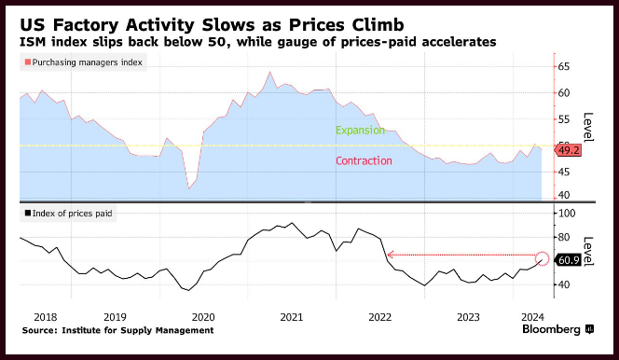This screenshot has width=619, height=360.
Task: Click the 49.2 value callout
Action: [x=568, y=150]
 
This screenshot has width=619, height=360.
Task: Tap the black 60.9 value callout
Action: [x=568, y=260]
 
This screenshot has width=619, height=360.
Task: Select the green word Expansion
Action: [x=360, y=131]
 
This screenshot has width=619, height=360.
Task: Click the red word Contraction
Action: [x=364, y=160]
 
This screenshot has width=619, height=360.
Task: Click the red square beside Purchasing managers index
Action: [x=28, y=62]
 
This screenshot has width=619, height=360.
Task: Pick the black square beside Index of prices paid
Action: [x=28, y=214]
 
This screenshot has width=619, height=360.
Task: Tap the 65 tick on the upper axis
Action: [x=564, y=66]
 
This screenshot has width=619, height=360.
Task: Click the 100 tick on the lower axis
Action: [x=567, y=214]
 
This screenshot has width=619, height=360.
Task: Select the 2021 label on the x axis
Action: [x=292, y=317]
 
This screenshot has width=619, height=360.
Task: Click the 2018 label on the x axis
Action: [x=46, y=317]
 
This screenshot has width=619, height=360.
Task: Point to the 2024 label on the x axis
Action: [x=532, y=317]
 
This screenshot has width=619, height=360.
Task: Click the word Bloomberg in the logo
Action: [x=551, y=329]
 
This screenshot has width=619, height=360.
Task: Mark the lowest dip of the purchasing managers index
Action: [x=188, y=188]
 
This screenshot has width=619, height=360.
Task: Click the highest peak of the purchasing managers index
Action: [x=270, y=72]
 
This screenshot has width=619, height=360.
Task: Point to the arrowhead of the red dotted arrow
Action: [x=390, y=255]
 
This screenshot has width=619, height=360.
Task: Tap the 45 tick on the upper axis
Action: [x=564, y=172]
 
